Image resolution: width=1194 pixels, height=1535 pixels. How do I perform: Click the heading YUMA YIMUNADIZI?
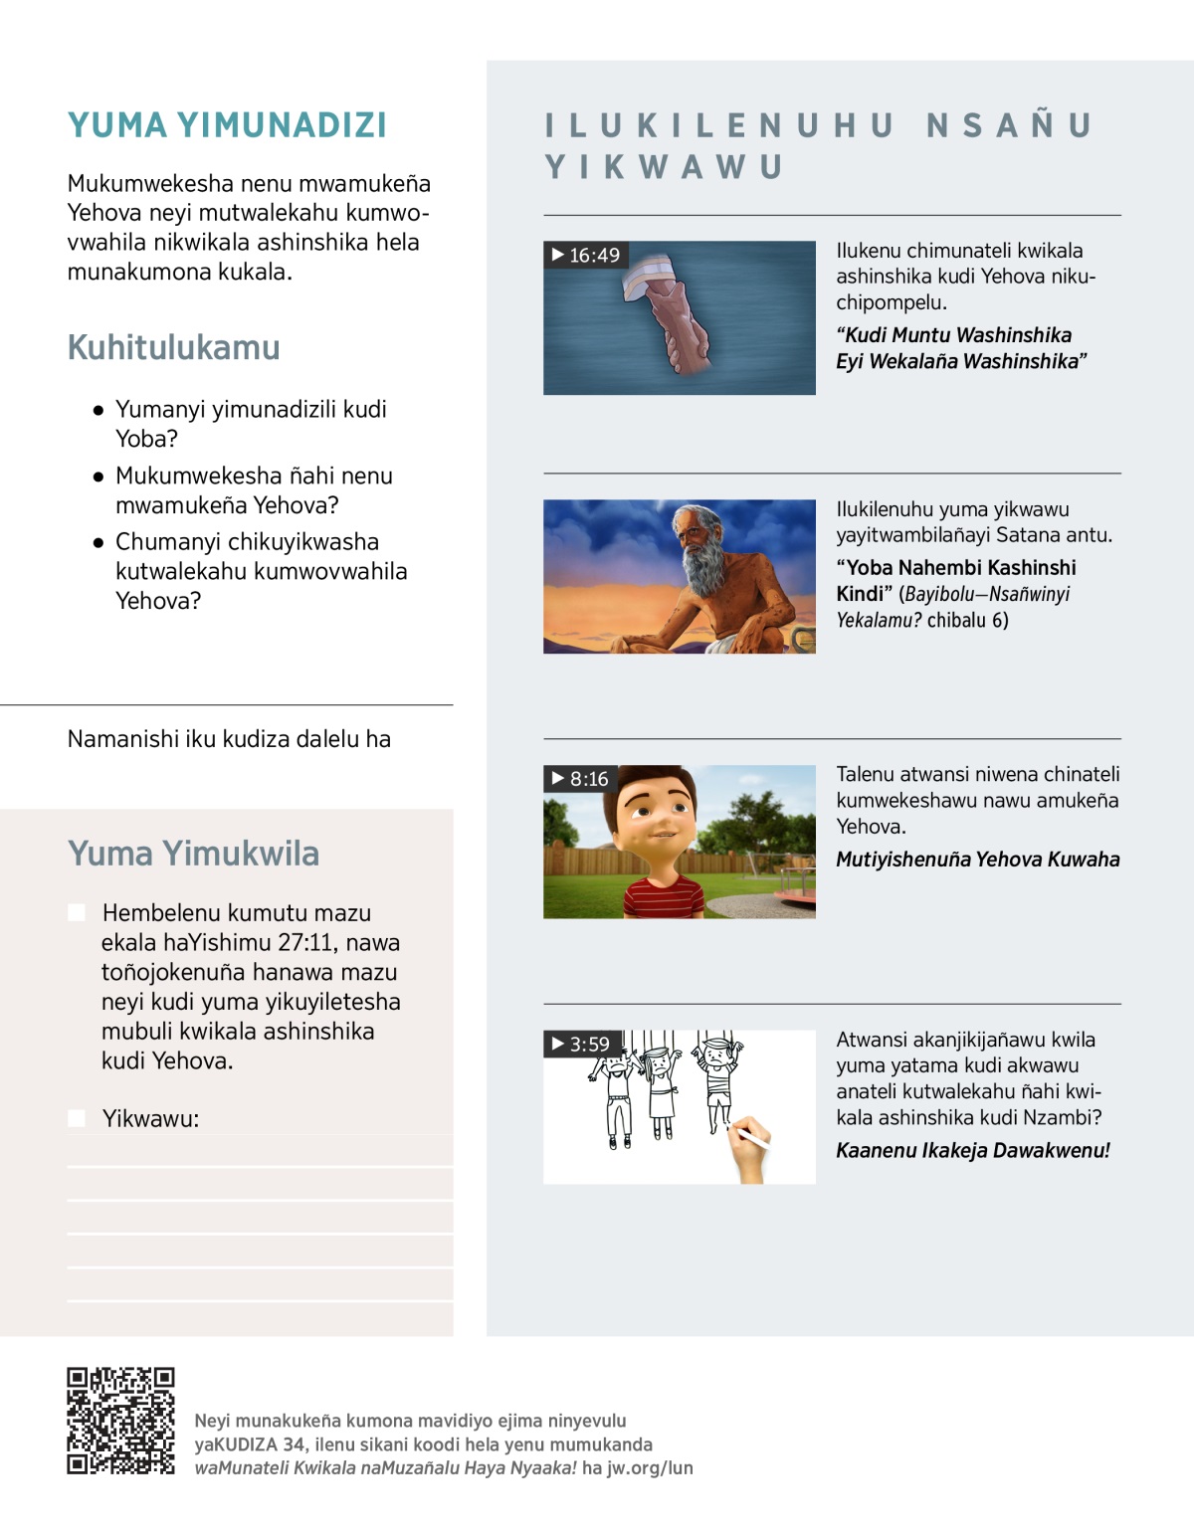(227, 125)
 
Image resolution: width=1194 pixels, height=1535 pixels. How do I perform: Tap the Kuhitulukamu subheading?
(174, 347)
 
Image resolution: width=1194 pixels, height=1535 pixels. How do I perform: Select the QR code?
(120, 1420)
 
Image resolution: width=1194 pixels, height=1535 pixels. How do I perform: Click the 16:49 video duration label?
(586, 256)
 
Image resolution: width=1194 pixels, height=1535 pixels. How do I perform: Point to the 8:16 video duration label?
(580, 779)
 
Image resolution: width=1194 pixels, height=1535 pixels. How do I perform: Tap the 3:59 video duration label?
(580, 1044)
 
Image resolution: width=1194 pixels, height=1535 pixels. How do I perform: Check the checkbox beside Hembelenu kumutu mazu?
(77, 913)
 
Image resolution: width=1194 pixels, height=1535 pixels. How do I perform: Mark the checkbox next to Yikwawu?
(77, 1118)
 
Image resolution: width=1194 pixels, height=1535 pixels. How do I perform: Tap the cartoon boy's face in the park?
(656, 815)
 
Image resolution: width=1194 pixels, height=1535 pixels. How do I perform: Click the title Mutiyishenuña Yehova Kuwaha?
(977, 860)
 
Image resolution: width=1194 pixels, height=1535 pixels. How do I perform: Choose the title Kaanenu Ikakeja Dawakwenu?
(972, 1151)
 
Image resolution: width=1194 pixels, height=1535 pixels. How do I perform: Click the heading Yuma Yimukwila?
(194, 854)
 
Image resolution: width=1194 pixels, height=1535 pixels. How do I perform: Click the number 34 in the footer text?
(294, 1444)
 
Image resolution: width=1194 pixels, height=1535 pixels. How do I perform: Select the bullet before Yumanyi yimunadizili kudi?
(99, 410)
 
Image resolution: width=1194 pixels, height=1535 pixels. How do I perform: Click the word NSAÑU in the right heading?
(1009, 126)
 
